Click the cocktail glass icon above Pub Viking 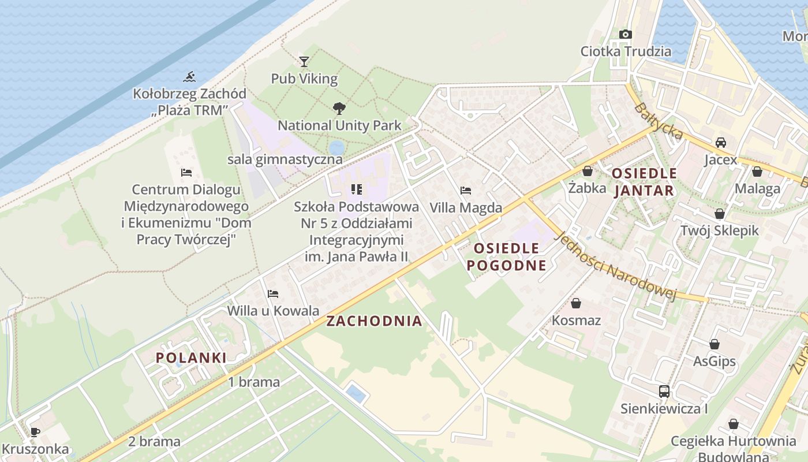point(304,61)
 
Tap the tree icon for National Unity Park point(339,108)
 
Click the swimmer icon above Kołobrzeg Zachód point(189,77)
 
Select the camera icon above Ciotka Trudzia point(626,35)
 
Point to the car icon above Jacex point(720,143)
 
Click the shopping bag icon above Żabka point(587,171)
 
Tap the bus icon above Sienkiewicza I point(664,392)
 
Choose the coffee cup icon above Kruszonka point(35,432)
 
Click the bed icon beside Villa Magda point(466,191)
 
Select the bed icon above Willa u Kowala point(273,294)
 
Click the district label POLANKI point(191,357)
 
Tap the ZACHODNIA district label point(374,322)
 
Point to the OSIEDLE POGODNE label point(506,257)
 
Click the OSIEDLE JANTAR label point(644,181)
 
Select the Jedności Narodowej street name point(615,266)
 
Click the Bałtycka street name point(659,121)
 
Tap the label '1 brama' point(253,382)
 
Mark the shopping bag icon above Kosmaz point(575,303)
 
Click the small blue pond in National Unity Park point(336,147)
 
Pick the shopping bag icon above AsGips point(714,344)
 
